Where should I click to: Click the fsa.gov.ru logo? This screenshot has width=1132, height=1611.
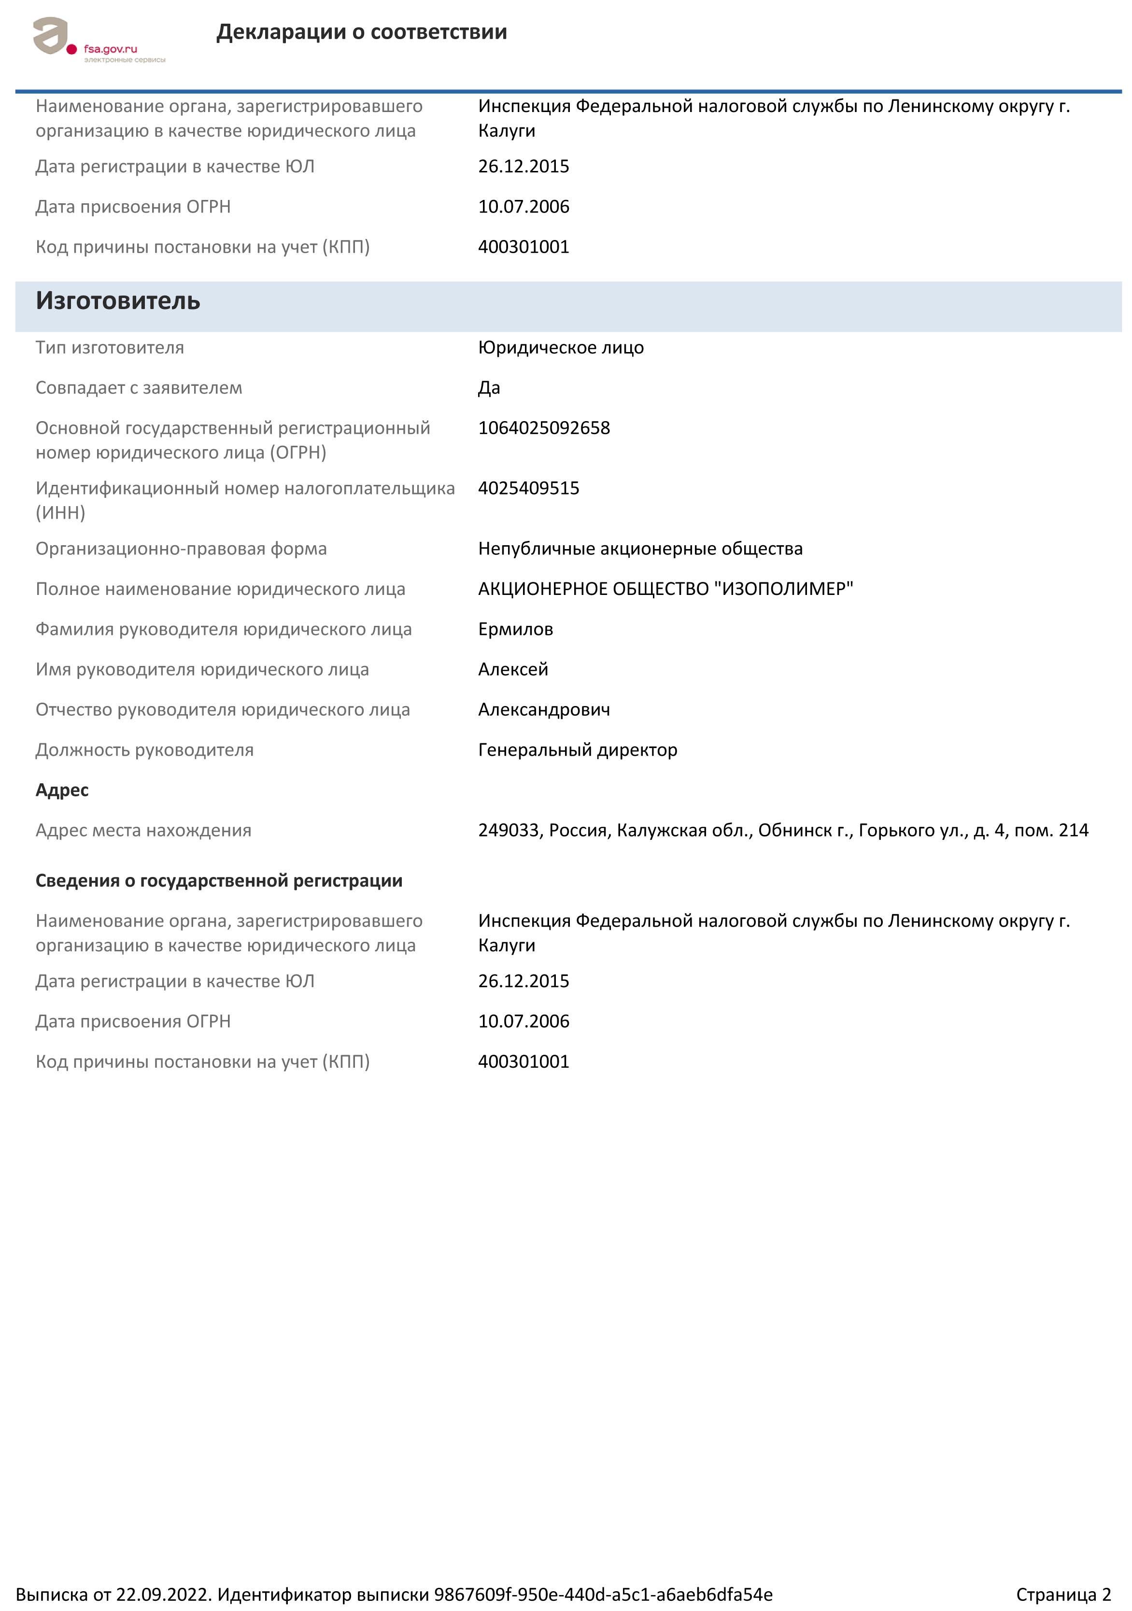click(x=98, y=41)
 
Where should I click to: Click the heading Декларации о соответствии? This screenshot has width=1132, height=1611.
click(x=361, y=31)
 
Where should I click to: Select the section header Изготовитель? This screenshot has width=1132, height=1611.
click(x=118, y=300)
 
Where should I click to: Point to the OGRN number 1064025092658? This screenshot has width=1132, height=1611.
click(x=543, y=427)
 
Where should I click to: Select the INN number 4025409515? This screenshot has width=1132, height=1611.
click(x=528, y=488)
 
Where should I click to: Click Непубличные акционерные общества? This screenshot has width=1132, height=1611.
click(x=639, y=548)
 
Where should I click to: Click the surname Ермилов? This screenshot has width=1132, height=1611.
click(x=515, y=629)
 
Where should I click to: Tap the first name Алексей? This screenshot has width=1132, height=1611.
click(x=512, y=669)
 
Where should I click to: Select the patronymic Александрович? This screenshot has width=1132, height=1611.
click(x=543, y=709)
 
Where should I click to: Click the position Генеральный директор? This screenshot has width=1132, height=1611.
click(x=577, y=749)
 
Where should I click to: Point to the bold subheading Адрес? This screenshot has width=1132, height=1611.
click(x=62, y=790)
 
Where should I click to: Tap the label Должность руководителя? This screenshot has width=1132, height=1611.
click(x=144, y=749)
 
